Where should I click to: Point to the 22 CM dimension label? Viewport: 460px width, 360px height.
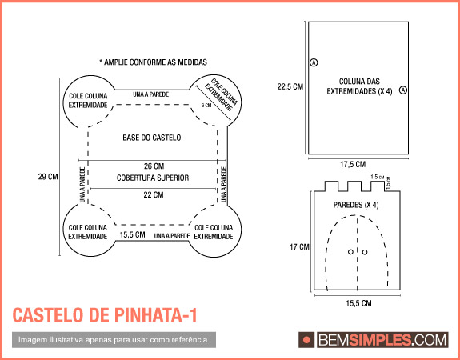(152, 194)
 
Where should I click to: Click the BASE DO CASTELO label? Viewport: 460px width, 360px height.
(152, 138)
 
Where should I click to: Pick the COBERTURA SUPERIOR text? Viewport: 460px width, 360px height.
(152, 178)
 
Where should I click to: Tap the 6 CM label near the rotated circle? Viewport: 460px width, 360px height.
(206, 106)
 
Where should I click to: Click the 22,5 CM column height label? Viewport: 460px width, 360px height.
(290, 86)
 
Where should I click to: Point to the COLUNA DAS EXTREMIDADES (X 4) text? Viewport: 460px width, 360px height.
(358, 86)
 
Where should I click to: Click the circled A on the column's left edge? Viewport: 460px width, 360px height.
(313, 62)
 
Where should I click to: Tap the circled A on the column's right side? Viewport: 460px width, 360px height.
(403, 90)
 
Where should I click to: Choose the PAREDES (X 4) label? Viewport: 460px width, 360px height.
(355, 205)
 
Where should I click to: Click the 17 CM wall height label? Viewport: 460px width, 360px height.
(298, 247)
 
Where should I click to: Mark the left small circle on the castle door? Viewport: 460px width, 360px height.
(350, 252)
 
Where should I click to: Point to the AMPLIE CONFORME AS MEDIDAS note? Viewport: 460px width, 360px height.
(153, 62)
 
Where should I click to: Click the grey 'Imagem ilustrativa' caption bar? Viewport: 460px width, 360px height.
(114, 340)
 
